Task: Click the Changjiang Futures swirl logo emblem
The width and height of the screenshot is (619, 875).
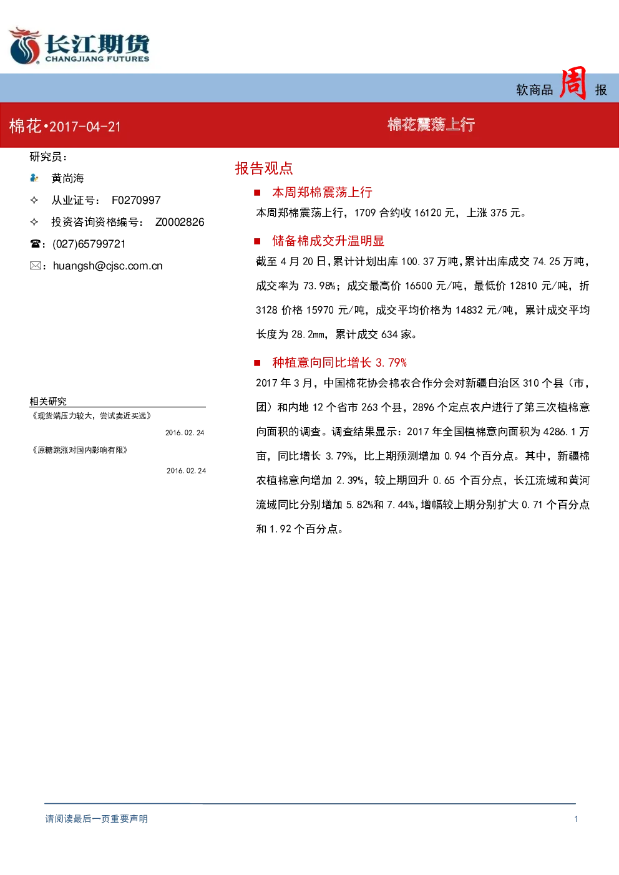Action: point(24,46)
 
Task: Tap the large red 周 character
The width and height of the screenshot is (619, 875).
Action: point(573,83)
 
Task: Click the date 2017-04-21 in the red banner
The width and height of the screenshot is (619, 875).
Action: point(85,127)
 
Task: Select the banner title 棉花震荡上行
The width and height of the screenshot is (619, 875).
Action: point(431,125)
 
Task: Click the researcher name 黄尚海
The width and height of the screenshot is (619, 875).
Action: point(67,178)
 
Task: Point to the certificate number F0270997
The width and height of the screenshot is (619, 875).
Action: point(136,200)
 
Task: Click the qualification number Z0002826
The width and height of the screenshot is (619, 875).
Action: point(180,222)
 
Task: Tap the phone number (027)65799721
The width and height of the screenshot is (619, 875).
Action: point(89,244)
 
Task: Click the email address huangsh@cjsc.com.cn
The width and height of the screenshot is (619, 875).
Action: point(107,266)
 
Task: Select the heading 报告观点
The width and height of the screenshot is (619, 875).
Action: point(264,168)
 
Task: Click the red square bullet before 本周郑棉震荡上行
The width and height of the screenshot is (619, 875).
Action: point(257,192)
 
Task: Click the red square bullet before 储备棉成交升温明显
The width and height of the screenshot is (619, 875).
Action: point(257,241)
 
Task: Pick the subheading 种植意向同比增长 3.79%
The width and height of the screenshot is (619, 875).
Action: point(339,363)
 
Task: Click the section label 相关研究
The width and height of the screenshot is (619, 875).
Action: point(48,401)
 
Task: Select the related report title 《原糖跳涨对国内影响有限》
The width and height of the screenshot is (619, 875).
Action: point(80,450)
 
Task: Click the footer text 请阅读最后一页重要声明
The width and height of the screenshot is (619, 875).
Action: point(97,819)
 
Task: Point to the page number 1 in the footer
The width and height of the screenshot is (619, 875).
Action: point(576,819)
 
